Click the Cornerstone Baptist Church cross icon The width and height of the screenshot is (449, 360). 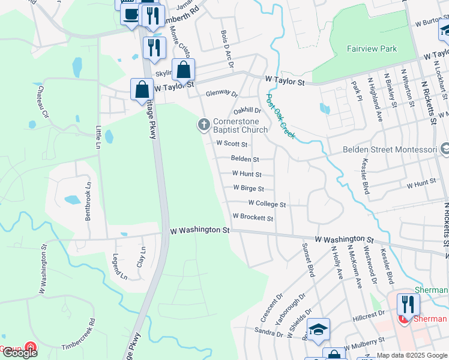pyautogui.click(x=203, y=125)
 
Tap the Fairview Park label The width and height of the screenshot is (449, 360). pyautogui.click(x=372, y=49)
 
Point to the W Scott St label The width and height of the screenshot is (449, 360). pyautogui.click(x=232, y=144)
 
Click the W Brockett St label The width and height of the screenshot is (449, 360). pyautogui.click(x=253, y=218)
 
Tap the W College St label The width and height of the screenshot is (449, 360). pyautogui.click(x=267, y=204)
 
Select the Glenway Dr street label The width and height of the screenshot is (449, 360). pyautogui.click(x=221, y=94)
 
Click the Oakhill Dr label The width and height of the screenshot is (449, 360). pyautogui.click(x=247, y=110)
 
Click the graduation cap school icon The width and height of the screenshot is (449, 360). pyautogui.click(x=318, y=328)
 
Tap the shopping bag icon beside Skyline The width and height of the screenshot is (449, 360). pyautogui.click(x=183, y=70)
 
